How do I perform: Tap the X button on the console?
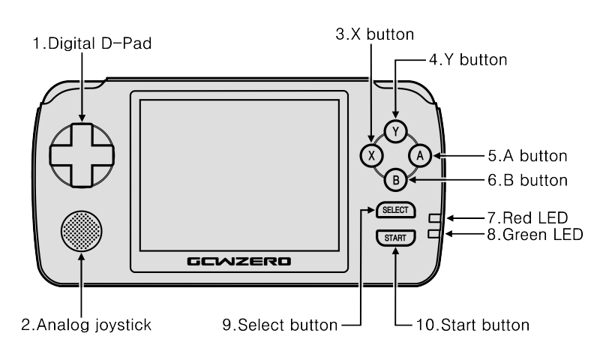coord(372,155)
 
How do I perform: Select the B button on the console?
coord(396,179)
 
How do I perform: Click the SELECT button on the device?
coord(395,211)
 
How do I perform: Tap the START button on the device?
coord(395,238)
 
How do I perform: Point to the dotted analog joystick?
coord(81,229)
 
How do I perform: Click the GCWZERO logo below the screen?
coord(239,262)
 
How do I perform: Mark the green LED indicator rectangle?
coord(436,234)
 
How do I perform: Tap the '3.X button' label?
coord(374,34)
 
